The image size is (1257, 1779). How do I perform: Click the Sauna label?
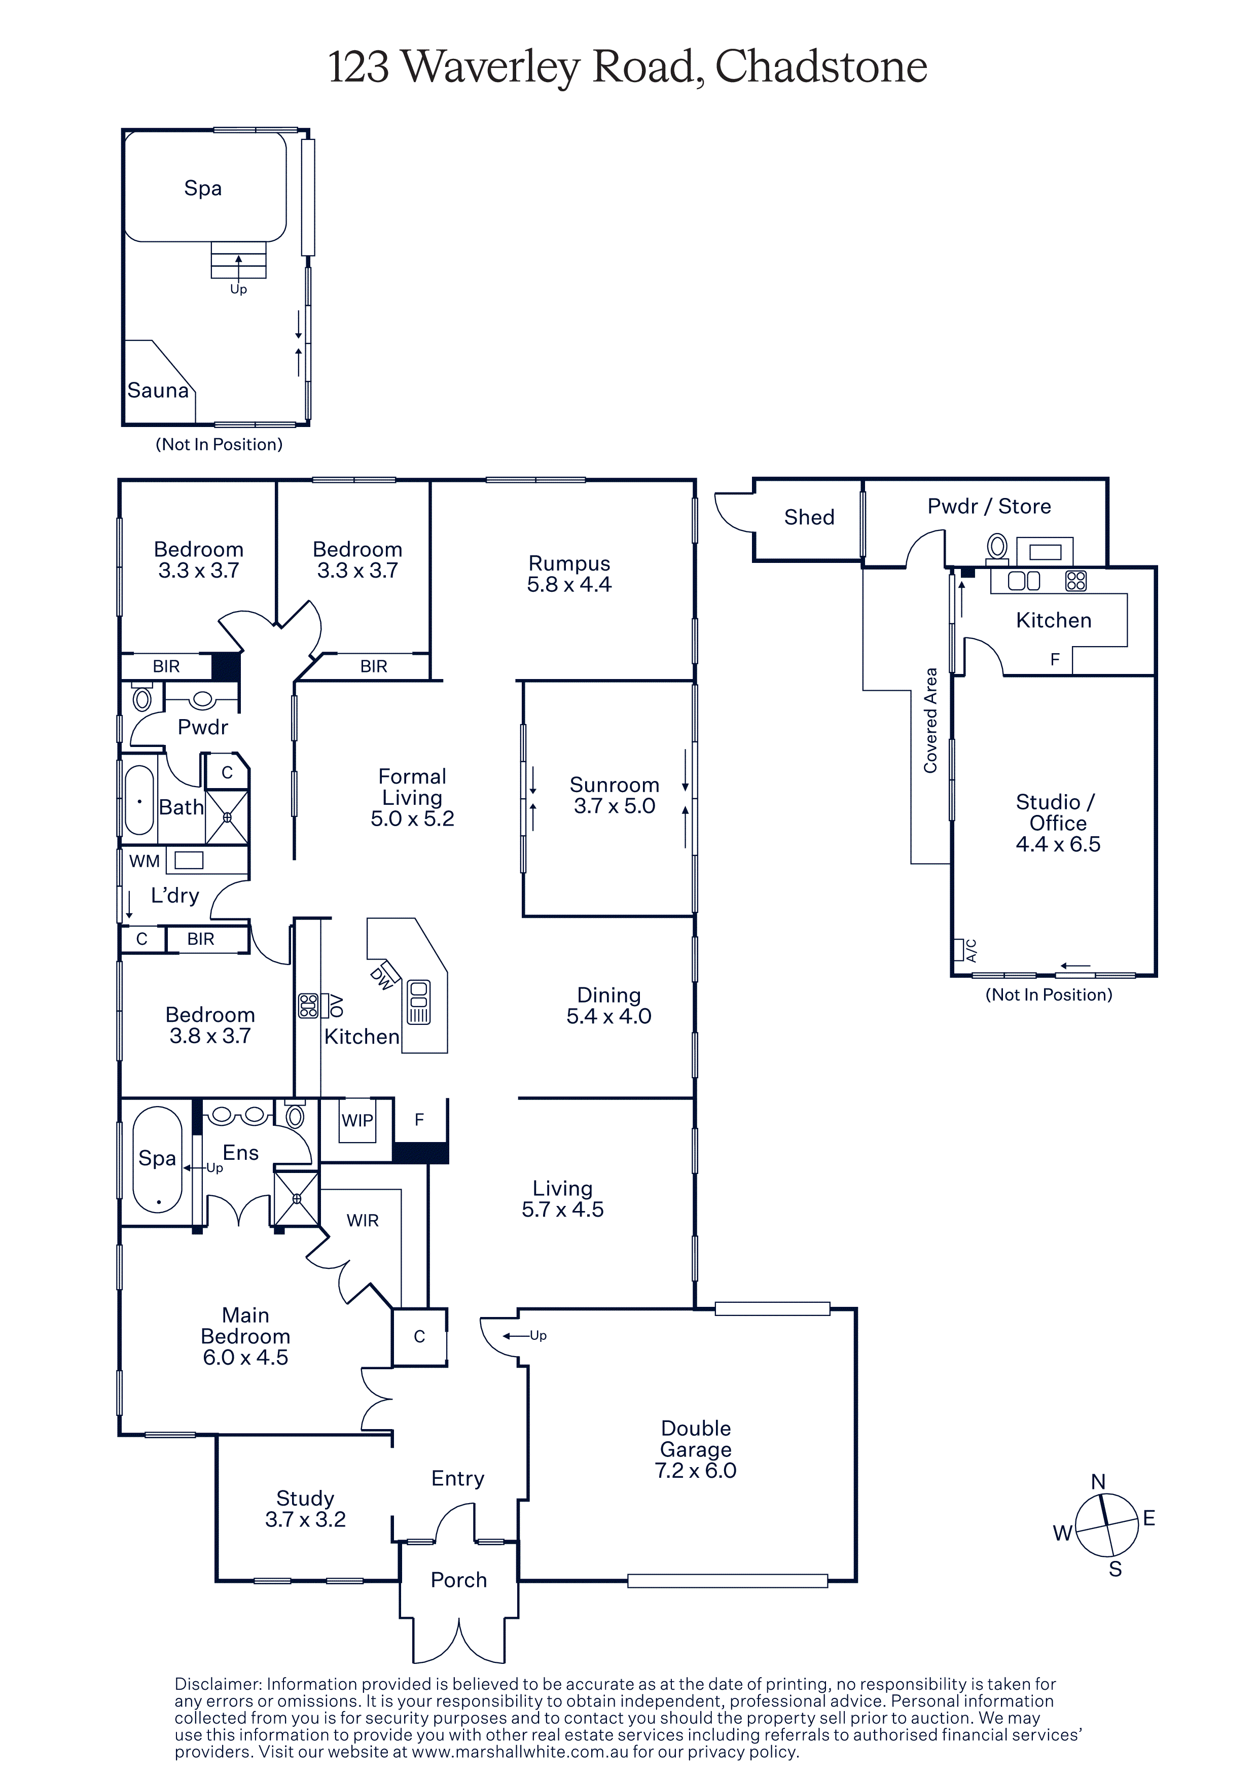tap(158, 390)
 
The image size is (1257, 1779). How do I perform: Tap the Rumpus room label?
tap(569, 563)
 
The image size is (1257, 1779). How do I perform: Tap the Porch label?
tap(458, 1580)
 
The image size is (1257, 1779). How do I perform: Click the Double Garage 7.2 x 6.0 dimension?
tap(696, 1471)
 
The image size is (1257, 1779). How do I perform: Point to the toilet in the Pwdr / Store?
tap(997, 547)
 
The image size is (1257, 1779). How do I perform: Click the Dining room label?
tap(609, 995)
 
